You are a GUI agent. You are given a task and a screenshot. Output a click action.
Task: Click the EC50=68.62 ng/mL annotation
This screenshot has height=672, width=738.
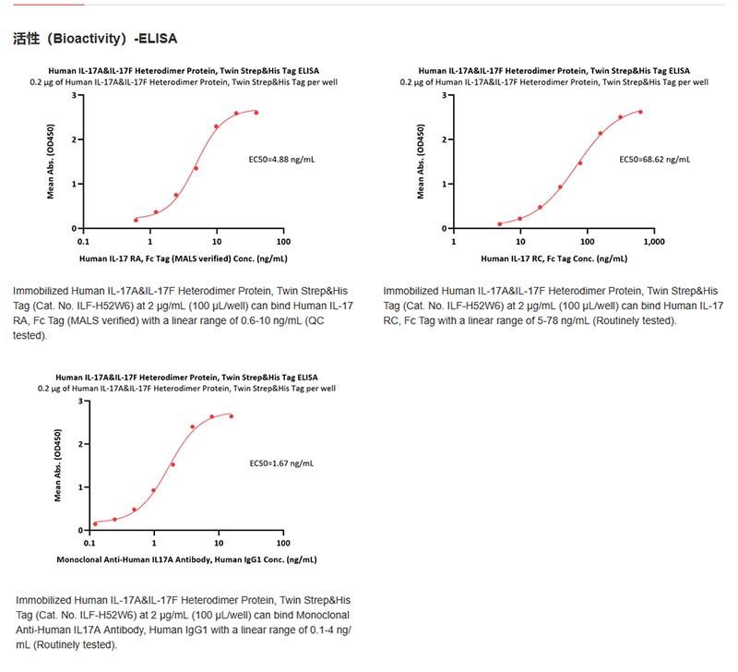click(x=655, y=159)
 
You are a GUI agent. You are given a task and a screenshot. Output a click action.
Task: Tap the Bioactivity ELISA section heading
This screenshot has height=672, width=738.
click(x=96, y=40)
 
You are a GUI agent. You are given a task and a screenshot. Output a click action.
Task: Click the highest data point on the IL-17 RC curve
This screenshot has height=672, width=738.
click(x=639, y=112)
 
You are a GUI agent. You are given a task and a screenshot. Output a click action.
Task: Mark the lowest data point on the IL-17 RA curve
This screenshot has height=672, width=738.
click(x=137, y=220)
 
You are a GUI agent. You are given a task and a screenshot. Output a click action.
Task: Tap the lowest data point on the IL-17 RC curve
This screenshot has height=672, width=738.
click(x=500, y=223)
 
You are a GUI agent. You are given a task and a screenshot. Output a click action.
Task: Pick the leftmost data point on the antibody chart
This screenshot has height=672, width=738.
click(x=95, y=523)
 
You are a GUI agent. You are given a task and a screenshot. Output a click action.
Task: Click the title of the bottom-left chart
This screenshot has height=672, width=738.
click(x=186, y=378)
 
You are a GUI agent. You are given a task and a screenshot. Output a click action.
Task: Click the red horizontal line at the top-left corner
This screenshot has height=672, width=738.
click(x=42, y=4)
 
